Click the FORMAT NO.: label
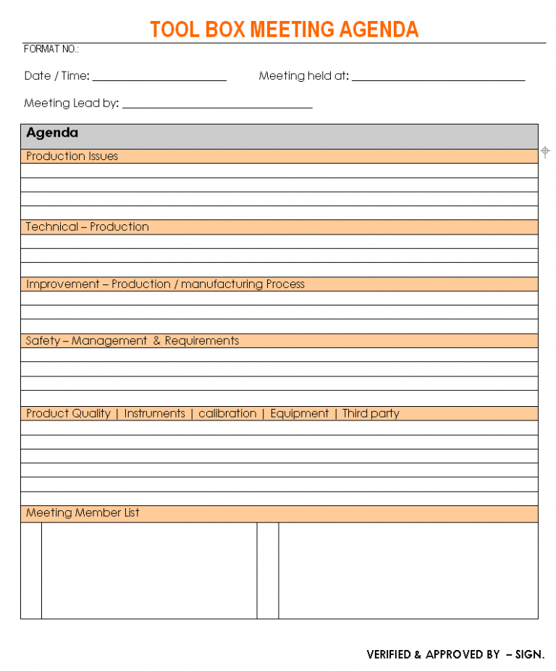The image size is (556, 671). click(51, 49)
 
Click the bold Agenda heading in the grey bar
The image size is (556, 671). click(52, 133)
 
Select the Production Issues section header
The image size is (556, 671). click(72, 156)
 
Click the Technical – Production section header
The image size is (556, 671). click(88, 227)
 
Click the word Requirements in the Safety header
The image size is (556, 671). click(202, 341)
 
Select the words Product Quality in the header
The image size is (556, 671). click(68, 414)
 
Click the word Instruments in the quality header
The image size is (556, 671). click(155, 414)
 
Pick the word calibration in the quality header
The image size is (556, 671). click(227, 414)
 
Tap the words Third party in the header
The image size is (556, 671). click(371, 414)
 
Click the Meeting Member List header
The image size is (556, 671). click(83, 513)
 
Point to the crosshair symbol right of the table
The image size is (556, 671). click(546, 151)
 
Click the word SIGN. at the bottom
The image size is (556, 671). click(529, 654)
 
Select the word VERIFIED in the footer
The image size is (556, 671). click(389, 654)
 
